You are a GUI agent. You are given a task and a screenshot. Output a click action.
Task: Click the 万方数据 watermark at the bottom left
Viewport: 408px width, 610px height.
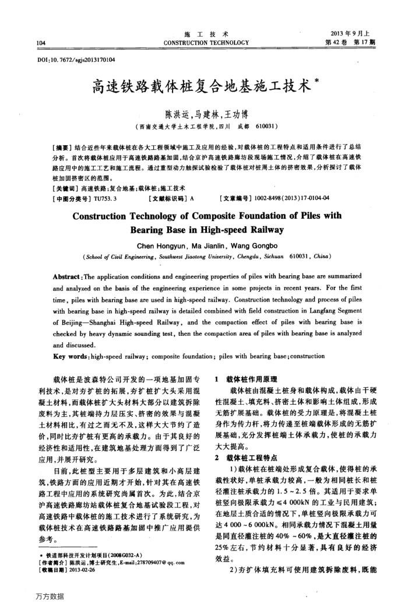pyautogui.click(x=50, y=597)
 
